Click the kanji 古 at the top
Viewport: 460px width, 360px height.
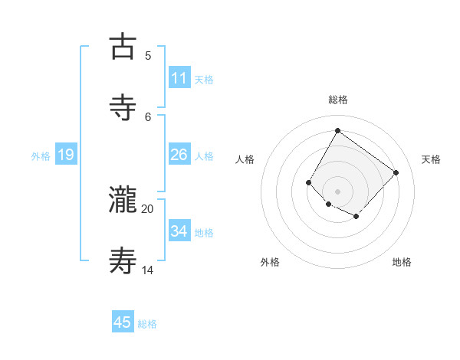123,46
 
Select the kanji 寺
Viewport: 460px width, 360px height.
123,107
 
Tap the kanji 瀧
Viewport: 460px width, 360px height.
123,199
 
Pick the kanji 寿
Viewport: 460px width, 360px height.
123,260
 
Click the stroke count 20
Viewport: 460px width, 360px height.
148,208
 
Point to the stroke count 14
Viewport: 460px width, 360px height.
148,270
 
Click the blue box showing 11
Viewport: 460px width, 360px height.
179,78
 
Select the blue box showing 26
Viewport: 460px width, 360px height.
179,155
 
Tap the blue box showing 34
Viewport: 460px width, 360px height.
179,231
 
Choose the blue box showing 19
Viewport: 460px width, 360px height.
65,155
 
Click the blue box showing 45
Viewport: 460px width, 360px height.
123,322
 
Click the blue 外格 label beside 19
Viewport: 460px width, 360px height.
41,155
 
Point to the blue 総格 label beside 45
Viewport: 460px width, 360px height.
147,323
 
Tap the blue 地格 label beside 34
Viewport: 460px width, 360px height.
204,232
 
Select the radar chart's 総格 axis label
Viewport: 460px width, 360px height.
338,100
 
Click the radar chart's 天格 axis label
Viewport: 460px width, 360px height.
431,159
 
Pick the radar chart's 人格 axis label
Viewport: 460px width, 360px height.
245,159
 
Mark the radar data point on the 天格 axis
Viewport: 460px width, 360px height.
396,172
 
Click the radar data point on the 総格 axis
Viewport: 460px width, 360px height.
337,130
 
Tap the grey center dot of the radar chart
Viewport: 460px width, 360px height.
337,191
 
